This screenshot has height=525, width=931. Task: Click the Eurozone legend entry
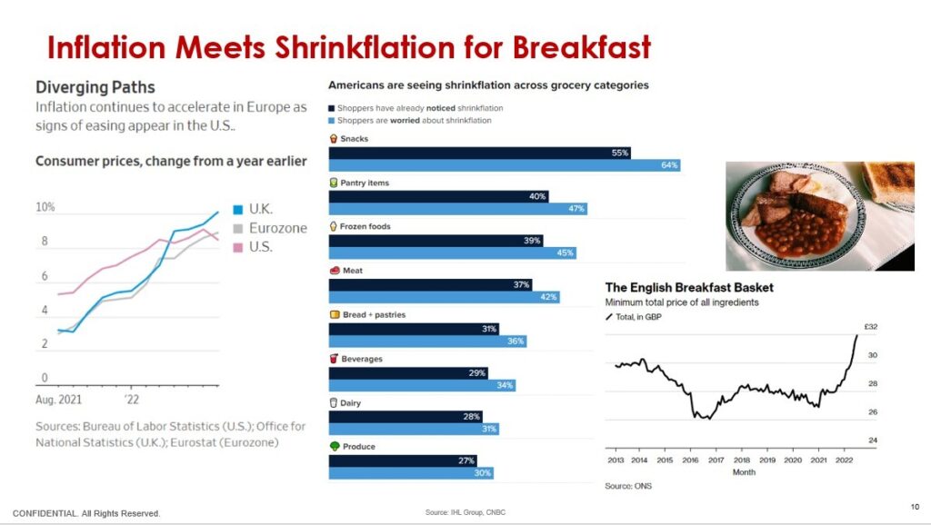coord(277,228)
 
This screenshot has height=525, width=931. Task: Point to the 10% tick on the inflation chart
coord(45,207)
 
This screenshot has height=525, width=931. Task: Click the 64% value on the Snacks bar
coord(669,165)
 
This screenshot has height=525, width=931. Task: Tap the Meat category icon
coord(334,271)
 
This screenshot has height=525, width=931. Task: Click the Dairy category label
coord(352,402)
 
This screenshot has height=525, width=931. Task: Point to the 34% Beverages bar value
coord(505,385)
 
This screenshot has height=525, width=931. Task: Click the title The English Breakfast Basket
coord(689,288)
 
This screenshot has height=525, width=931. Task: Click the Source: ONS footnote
coord(628,486)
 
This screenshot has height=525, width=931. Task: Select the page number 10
coord(915,506)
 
